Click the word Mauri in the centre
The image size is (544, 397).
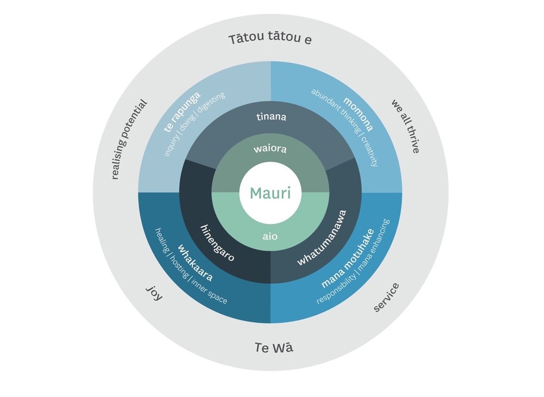(270, 193)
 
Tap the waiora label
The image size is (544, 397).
(270, 148)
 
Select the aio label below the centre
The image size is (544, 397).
(270, 236)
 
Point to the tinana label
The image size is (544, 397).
(270, 117)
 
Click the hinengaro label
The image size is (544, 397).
(217, 243)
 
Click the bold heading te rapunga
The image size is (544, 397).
(182, 112)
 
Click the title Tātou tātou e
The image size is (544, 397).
(270, 39)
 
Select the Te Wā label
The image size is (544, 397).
(274, 347)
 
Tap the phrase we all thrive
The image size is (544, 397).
(405, 126)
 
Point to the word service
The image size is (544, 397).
(386, 297)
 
